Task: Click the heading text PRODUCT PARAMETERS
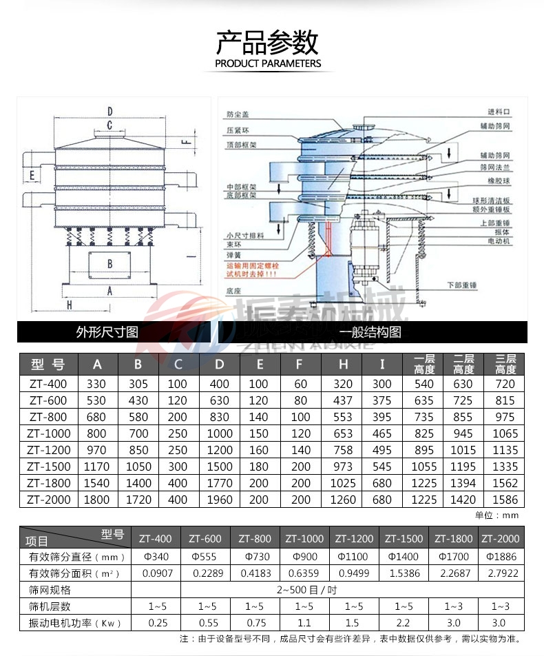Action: [x=268, y=63]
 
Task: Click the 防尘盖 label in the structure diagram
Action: [x=237, y=113]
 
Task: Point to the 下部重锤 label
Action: [x=462, y=284]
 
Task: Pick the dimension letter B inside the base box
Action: [x=109, y=263]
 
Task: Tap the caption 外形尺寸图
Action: [x=107, y=332]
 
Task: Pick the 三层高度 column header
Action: [x=505, y=364]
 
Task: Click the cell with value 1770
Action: [x=220, y=483]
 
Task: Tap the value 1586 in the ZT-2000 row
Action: [x=505, y=500]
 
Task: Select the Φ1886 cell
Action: [x=498, y=556]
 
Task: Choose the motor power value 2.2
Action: [x=404, y=623]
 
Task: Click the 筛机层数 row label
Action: [x=50, y=606]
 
